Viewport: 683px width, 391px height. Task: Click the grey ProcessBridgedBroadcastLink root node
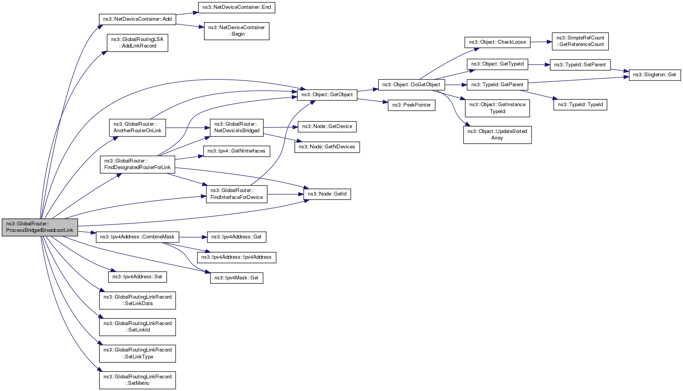[40, 227]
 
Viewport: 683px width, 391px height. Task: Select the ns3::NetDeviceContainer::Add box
[137, 19]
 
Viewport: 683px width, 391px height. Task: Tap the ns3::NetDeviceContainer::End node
[237, 7]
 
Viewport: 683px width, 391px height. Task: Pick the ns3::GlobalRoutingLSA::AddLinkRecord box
[137, 43]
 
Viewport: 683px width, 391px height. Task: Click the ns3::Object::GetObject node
[327, 95]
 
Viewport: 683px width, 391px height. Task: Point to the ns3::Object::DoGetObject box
[411, 85]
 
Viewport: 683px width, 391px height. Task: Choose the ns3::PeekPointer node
[411, 105]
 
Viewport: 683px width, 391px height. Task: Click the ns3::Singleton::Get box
[654, 75]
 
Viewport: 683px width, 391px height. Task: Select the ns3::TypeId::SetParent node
[579, 65]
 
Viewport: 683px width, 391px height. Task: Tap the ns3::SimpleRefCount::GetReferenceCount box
[580, 41]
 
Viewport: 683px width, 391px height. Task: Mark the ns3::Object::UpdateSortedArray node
[497, 135]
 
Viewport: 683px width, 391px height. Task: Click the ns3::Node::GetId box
[327, 194]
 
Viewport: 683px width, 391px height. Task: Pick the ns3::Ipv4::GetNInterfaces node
[236, 151]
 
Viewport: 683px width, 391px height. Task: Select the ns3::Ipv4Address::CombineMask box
[137, 237]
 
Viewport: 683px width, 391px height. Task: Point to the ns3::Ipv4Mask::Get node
[236, 278]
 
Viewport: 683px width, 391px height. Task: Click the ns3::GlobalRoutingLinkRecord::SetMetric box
[137, 380]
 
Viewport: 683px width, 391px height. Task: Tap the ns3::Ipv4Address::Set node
[137, 277]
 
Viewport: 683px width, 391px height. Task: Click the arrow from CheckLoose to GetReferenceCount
[541, 42]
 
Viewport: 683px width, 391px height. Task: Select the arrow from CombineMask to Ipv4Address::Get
[193, 237]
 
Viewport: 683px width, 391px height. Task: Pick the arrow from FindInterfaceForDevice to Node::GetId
[285, 194]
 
